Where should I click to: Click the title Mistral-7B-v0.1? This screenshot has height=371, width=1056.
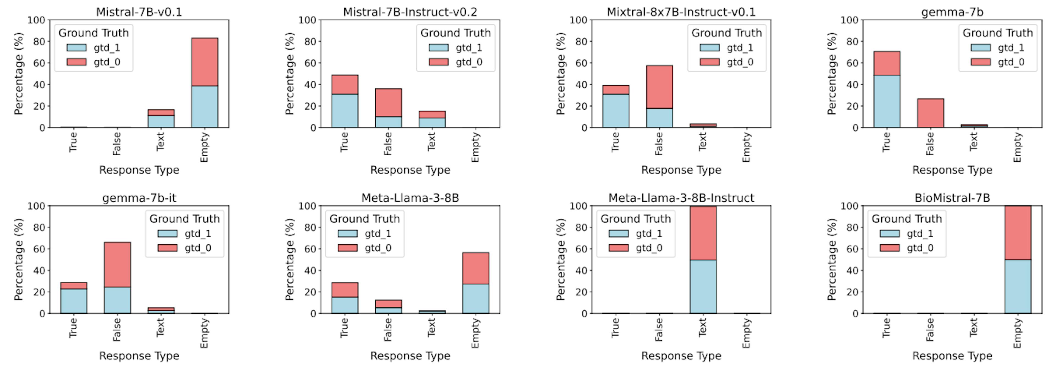[139, 12]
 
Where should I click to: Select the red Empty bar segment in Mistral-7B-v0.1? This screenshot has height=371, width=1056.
[205, 62]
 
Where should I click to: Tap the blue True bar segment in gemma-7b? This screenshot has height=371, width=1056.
[886, 101]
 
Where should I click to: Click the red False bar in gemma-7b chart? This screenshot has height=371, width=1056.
[930, 113]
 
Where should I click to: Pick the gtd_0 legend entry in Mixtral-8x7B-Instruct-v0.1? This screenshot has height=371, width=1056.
[726, 62]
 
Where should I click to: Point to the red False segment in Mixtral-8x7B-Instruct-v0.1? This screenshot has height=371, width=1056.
[659, 86]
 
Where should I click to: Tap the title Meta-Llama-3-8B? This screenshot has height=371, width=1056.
[410, 198]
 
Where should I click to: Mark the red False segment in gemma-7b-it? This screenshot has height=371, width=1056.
[117, 264]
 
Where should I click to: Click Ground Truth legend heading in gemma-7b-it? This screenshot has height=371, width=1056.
[185, 219]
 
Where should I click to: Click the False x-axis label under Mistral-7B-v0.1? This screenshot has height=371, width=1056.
[117, 143]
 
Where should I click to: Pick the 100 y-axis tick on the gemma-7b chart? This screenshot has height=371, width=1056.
[849, 20]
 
